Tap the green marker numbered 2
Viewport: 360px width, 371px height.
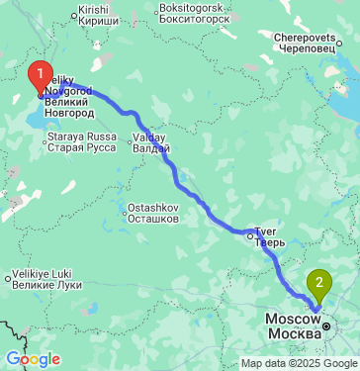coord(318,283)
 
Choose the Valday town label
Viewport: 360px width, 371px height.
coord(152,142)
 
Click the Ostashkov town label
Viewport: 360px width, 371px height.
coord(153,213)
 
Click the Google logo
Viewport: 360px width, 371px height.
coord(33,359)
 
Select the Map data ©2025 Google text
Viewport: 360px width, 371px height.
coord(299,363)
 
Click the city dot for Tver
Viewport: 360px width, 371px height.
coord(249,234)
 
